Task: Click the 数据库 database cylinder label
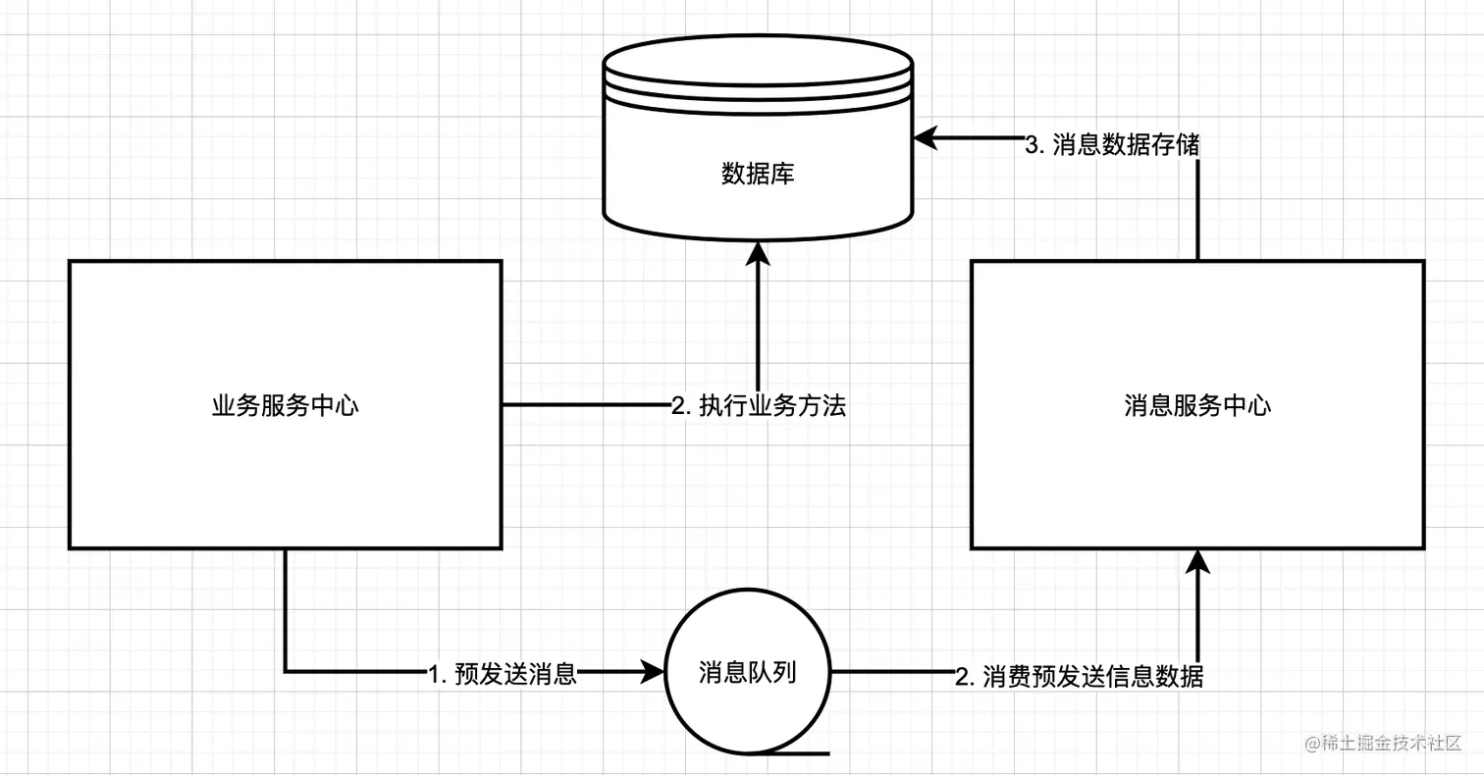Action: click(x=758, y=175)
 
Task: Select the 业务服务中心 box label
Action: click(x=285, y=405)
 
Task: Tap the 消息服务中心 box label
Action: click(x=1197, y=405)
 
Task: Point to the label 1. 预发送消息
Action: click(x=502, y=674)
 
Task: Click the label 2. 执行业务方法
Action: click(x=758, y=406)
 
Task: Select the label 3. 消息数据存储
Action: click(x=1112, y=145)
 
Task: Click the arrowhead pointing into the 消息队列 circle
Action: click(x=652, y=673)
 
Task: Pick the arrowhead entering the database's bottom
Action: click(x=758, y=253)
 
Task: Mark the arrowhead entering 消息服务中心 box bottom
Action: click(x=1197, y=562)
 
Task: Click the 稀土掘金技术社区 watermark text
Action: click(x=1384, y=744)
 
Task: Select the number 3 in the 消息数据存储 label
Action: click(x=1032, y=145)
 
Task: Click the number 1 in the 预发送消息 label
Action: click(x=435, y=675)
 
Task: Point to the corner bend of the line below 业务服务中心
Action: click(x=286, y=672)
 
